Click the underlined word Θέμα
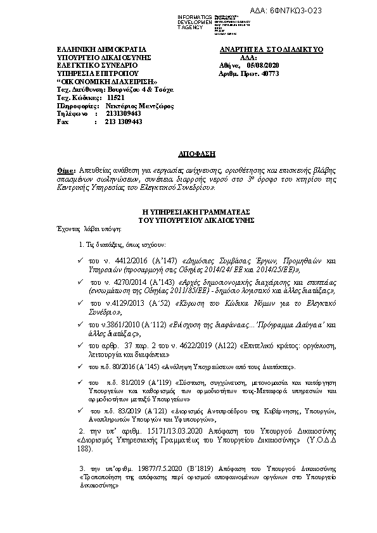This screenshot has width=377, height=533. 65,170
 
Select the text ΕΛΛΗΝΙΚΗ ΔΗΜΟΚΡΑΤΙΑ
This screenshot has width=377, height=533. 92,49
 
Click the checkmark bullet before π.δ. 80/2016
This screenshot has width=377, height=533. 80,366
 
